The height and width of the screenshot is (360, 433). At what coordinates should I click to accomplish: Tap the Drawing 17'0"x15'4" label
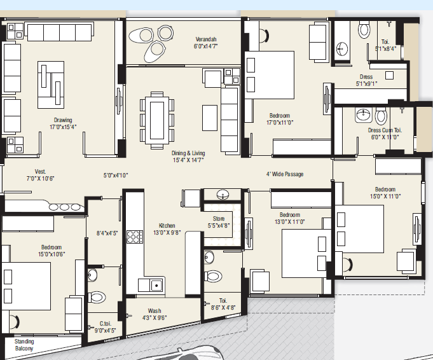(63, 123)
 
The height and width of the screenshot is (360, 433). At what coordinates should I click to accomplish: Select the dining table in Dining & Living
(157, 120)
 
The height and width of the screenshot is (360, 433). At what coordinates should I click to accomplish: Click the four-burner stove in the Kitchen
(135, 237)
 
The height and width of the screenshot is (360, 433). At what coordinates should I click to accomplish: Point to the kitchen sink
(156, 285)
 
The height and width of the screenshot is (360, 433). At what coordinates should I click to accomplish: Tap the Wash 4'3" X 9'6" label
(155, 314)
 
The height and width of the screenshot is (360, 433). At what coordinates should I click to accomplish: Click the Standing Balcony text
(24, 345)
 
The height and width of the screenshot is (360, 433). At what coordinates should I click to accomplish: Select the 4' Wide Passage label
(285, 174)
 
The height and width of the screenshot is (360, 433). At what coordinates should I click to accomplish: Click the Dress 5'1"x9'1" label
(366, 80)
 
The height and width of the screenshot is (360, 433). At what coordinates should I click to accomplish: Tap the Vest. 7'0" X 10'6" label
(40, 175)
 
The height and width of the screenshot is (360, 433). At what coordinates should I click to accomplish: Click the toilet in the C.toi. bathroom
(97, 298)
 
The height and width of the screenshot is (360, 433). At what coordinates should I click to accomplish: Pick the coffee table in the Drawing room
(51, 85)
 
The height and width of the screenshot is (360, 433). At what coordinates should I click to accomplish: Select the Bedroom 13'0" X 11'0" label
(290, 218)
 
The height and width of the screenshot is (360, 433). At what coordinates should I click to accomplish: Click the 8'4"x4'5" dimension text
(107, 233)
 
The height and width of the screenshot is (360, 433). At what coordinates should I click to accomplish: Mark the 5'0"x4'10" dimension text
(116, 175)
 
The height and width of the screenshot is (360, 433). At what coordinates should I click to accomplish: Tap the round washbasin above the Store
(223, 195)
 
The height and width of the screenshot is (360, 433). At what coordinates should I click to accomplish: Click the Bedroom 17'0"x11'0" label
(280, 119)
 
